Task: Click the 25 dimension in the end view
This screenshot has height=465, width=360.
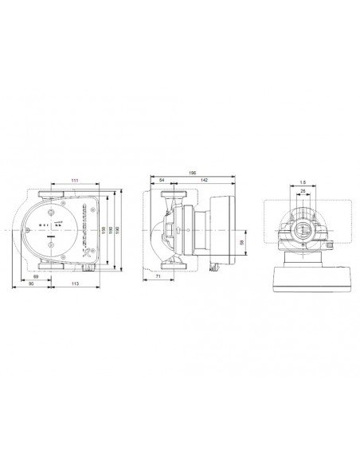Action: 303,191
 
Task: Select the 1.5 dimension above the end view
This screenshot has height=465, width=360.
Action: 303,181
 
